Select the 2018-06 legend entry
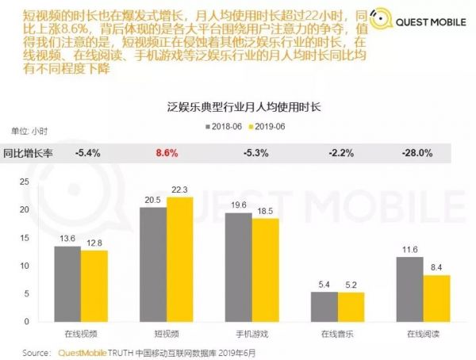pos(225,126)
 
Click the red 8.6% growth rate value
pos(167,151)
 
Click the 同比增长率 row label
pos(27,151)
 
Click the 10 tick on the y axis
pos(23,266)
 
